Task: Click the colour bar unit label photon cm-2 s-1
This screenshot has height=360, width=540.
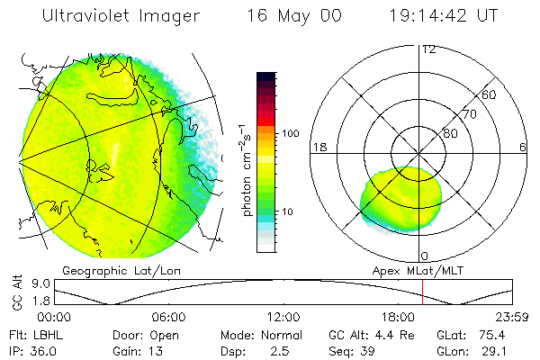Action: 245,167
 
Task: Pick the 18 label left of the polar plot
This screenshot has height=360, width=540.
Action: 318,147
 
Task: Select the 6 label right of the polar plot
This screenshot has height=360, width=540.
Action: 523,147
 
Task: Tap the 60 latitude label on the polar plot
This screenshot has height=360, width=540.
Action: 490,94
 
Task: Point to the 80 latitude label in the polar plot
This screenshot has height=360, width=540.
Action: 450,133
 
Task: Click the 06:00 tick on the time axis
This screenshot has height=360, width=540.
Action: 169,317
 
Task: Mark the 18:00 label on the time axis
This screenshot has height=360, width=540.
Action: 398,317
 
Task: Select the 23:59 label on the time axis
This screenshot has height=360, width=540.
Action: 511,317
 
